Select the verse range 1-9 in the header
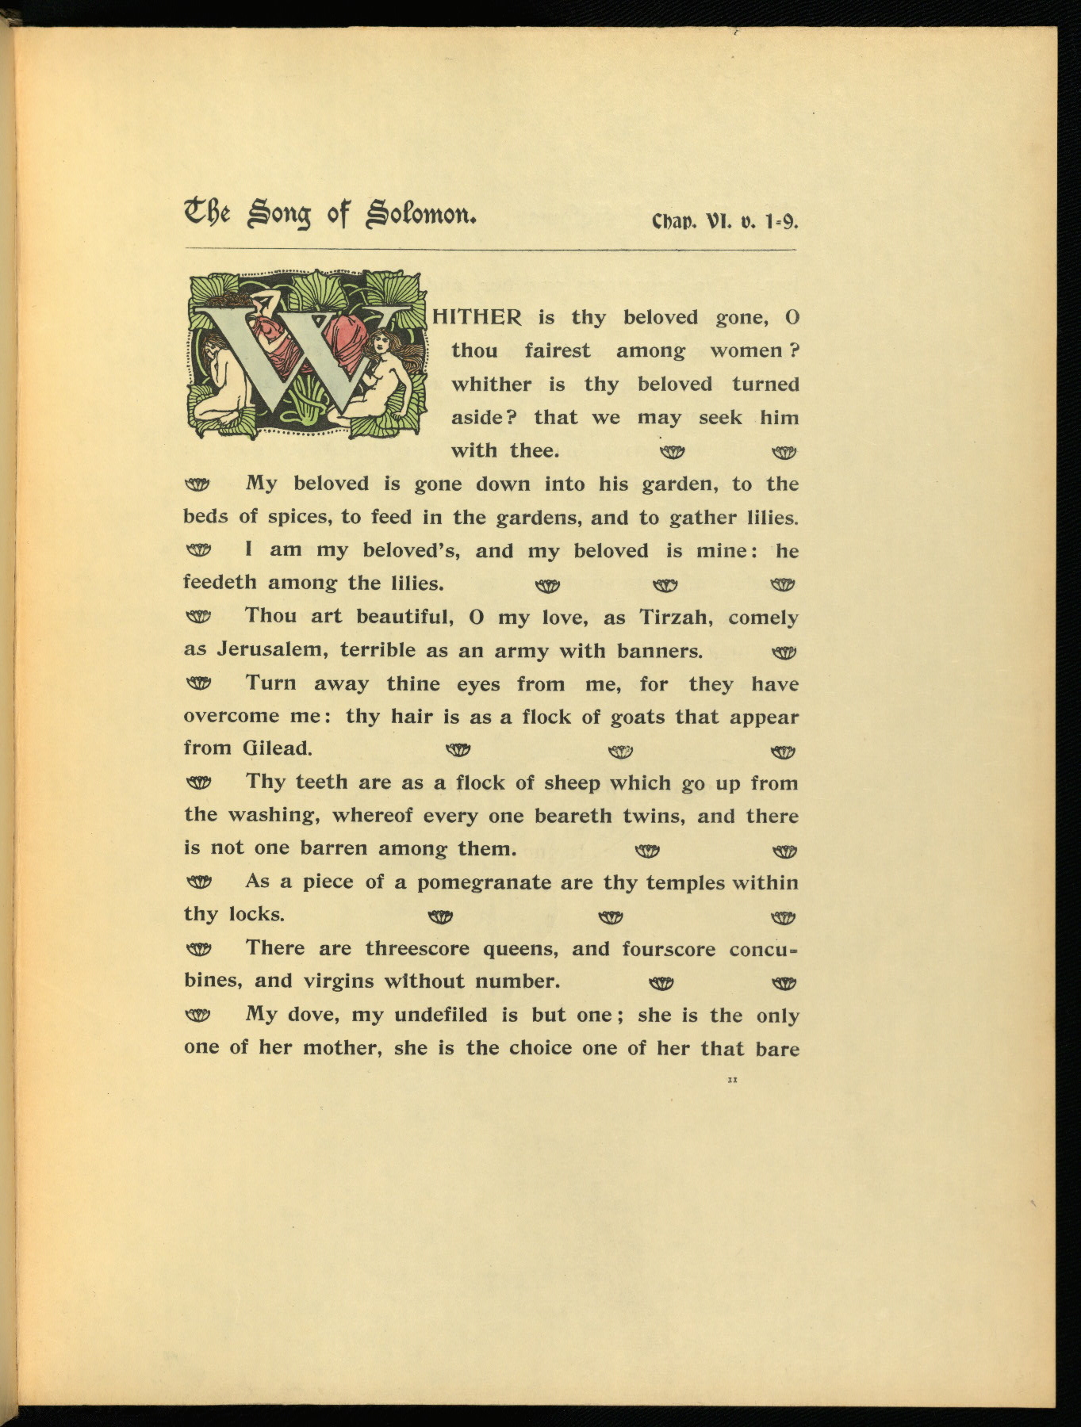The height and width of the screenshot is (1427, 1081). [x=781, y=222]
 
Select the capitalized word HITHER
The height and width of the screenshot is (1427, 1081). [x=477, y=318]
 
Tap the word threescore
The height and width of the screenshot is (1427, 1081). [x=417, y=948]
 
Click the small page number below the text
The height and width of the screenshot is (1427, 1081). [x=732, y=1080]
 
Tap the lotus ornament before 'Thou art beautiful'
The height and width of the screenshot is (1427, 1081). [x=198, y=617]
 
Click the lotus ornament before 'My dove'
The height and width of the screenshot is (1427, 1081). [x=198, y=1015]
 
